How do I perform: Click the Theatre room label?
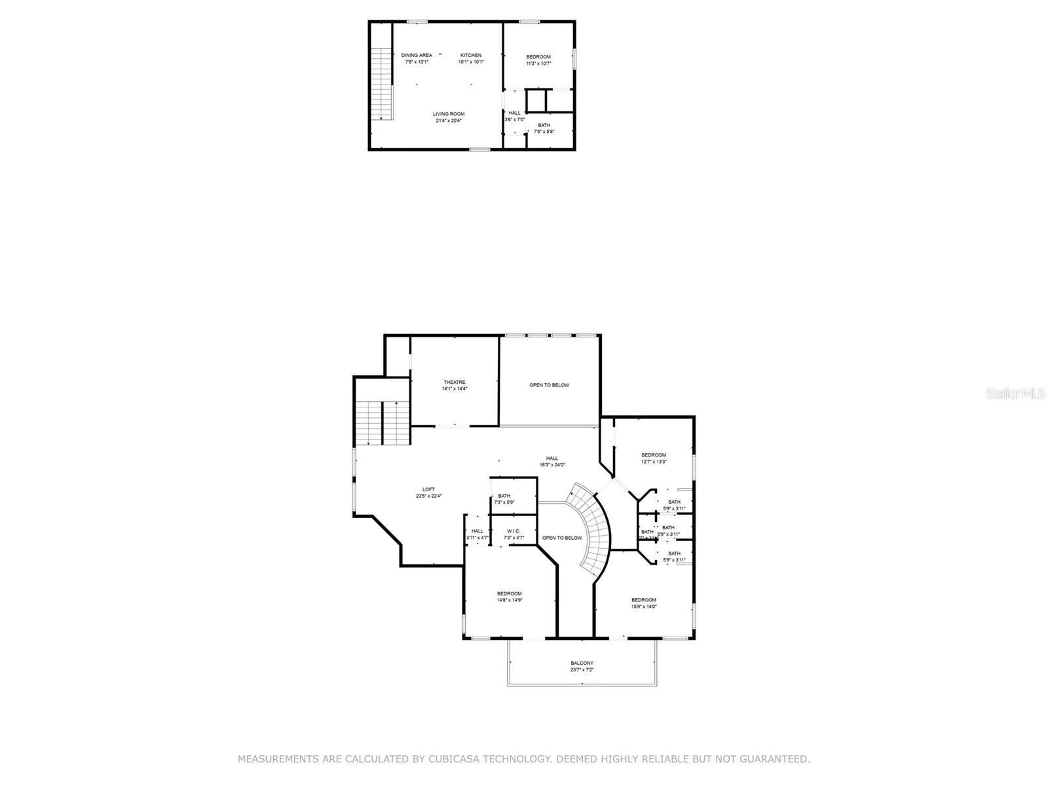click(455, 382)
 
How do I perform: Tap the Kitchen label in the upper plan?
click(471, 55)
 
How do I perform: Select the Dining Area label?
click(417, 55)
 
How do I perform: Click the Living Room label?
click(449, 114)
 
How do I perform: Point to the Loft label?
click(428, 489)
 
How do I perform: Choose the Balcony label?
click(582, 663)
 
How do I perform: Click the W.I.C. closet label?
click(514, 531)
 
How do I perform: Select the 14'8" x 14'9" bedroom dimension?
click(510, 600)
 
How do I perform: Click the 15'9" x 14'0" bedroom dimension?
click(644, 607)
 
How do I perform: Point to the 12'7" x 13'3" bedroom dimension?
click(654, 462)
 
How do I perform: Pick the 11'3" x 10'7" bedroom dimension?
click(538, 64)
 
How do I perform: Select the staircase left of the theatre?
click(383, 422)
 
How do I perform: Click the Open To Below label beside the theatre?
click(550, 385)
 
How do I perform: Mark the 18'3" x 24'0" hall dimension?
click(552, 465)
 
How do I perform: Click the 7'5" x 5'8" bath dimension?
click(544, 132)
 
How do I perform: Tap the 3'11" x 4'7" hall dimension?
click(477, 538)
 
